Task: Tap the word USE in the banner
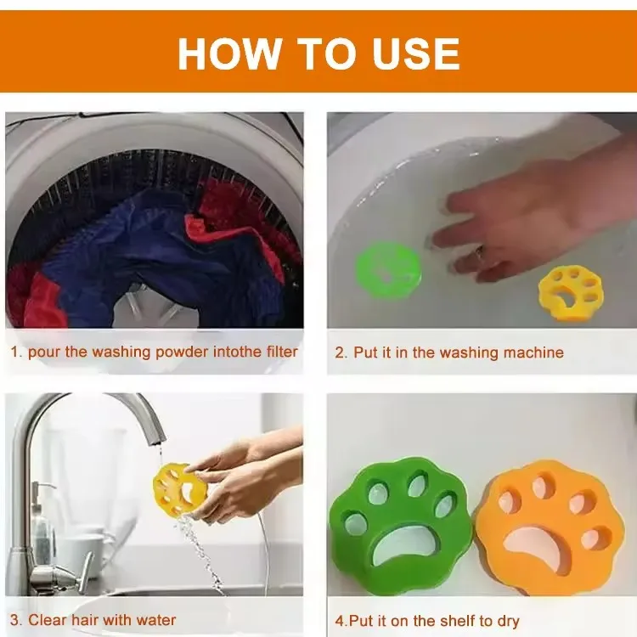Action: point(416,54)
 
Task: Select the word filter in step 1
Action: point(282,352)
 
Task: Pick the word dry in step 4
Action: point(508,622)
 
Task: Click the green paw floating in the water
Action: point(387,270)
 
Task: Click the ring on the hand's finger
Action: point(480,253)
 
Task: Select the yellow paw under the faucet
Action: point(180,490)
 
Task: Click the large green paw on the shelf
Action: point(403,526)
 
